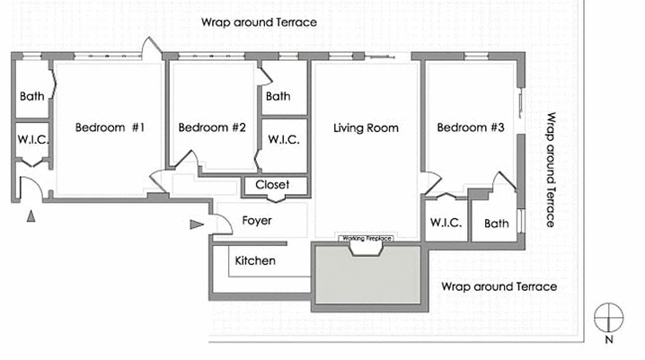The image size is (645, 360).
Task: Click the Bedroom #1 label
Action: click(110, 127)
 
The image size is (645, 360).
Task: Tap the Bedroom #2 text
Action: click(212, 127)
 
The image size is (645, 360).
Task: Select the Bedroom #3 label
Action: click(470, 127)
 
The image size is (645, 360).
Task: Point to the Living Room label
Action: click(365, 128)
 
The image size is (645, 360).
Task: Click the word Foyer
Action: click(257, 220)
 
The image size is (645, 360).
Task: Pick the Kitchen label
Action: click(255, 261)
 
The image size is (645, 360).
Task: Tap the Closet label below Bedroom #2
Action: click(272, 184)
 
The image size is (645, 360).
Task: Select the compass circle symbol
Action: click(609, 317)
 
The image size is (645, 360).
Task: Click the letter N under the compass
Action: click(609, 340)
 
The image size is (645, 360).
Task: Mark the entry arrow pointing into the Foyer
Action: click(196, 224)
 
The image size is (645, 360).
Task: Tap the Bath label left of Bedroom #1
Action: click(32, 96)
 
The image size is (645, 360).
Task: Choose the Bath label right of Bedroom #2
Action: click(278, 96)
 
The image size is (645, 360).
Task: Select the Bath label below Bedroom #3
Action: click(496, 223)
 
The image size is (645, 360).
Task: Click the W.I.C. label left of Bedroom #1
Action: click(33, 139)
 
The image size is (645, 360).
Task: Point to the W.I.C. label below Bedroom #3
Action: click(446, 223)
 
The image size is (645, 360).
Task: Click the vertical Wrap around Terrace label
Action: click(550, 170)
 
